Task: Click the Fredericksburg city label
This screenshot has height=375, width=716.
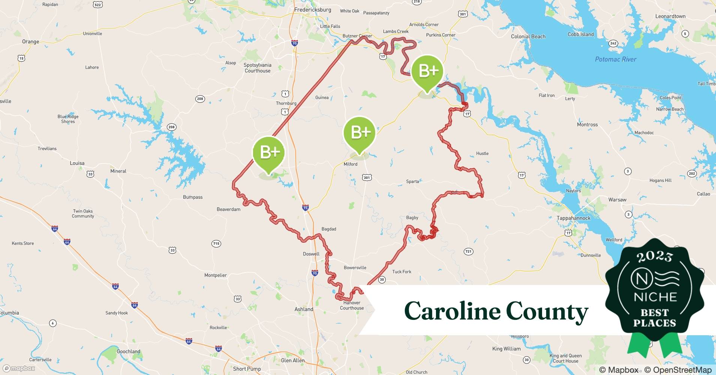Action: click(312, 10)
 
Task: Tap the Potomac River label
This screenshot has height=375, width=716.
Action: click(616, 59)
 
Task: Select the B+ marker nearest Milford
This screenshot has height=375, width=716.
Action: click(359, 133)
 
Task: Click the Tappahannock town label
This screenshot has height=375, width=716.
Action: click(573, 218)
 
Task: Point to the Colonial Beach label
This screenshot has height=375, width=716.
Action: click(528, 36)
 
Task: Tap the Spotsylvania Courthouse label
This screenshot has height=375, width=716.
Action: click(258, 68)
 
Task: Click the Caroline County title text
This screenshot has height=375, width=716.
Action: click(496, 311)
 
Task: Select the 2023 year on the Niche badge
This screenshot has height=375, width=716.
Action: click(655, 257)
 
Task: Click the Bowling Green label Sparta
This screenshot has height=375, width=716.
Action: click(412, 181)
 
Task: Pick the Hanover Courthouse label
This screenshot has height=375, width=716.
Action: click(352, 305)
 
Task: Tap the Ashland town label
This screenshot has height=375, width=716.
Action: click(304, 309)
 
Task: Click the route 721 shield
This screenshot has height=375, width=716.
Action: click(468, 252)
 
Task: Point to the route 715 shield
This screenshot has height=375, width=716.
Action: click(216, 244)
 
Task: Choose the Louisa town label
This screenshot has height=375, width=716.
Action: click(77, 163)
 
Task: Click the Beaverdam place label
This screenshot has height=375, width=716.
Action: click(228, 209)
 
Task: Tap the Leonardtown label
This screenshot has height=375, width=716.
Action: click(670, 16)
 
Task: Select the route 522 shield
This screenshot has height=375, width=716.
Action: click(98, 4)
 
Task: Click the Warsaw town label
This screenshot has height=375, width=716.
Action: click(617, 199)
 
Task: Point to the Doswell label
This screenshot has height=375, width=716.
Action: click(311, 254)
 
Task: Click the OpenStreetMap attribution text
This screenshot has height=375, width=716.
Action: click(677, 370)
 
